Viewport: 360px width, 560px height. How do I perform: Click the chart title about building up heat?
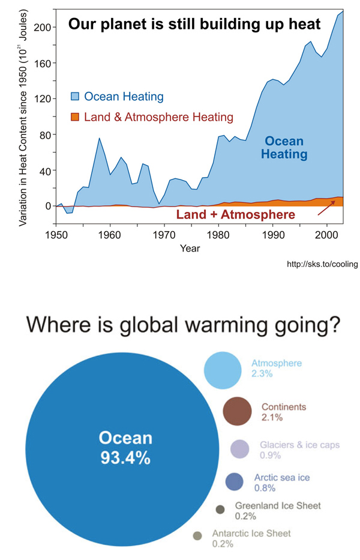[194, 24]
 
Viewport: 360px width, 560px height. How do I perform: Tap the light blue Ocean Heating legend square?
[75, 97]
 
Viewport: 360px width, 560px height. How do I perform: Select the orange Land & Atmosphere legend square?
[75, 117]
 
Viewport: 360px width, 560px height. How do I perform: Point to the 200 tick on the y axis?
[43, 27]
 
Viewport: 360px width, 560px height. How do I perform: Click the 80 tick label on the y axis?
[44, 134]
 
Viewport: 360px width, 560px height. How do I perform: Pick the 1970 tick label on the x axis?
[164, 235]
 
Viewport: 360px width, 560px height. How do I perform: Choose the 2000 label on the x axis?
[326, 235]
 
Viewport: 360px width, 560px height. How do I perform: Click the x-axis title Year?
[190, 248]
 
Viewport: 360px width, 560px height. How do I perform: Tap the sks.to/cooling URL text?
[322, 264]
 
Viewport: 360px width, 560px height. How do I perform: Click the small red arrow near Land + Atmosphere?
[326, 208]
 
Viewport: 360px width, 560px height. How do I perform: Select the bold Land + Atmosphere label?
[236, 214]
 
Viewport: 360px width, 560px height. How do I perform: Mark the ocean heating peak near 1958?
[99, 138]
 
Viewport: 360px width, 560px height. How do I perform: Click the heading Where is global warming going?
[183, 325]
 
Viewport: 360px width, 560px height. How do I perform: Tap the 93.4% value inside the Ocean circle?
[125, 457]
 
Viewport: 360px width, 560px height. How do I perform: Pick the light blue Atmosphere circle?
[223, 370]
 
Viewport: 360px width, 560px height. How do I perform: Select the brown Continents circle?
[237, 411]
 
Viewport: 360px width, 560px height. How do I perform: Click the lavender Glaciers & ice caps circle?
[239, 449]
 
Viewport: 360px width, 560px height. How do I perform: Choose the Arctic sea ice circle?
[234, 481]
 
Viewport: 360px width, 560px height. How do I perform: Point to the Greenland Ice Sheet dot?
[220, 510]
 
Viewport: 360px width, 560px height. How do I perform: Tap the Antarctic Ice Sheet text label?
[251, 534]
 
